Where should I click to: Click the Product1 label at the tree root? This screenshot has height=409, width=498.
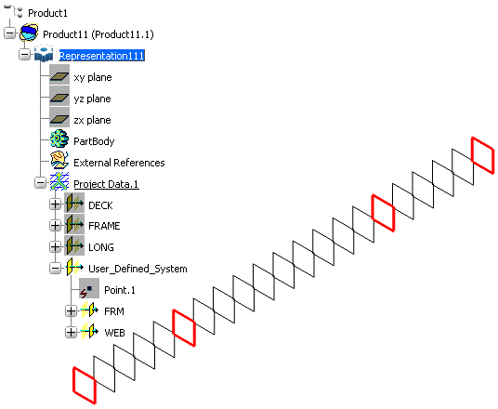coord(47,13)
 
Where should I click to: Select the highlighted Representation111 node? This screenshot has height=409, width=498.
coord(102,56)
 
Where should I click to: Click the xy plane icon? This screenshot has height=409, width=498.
coord(59,77)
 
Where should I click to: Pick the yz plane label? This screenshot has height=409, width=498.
coord(92,99)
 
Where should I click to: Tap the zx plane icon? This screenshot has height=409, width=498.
coord(59,120)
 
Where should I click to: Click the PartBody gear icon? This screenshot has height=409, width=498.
coord(59,139)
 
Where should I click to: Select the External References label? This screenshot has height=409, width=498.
coord(119,163)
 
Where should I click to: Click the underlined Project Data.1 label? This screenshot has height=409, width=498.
coord(106,184)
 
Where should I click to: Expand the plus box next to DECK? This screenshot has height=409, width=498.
coord(55,204)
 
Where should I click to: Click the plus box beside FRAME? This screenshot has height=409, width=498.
coord(55,225)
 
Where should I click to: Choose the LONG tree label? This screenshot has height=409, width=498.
coord(101,247)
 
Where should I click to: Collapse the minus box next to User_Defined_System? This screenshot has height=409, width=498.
coord(55,269)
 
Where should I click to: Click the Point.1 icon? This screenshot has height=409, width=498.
coord(89,288)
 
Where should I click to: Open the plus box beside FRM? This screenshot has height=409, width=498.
coord(71,311)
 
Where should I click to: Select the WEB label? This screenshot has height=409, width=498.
coord(114,333)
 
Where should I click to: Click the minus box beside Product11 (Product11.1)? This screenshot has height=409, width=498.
coord(10,33)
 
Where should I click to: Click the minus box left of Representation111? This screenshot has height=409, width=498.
coord(24,55)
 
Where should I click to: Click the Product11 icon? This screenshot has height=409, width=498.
coord(29,33)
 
